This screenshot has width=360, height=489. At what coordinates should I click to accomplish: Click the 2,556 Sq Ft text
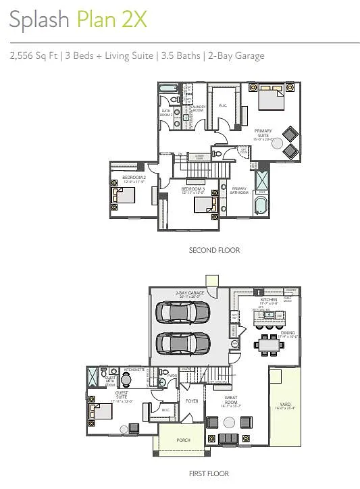(x=34, y=56)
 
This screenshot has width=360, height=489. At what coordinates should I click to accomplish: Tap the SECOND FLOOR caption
(x=214, y=250)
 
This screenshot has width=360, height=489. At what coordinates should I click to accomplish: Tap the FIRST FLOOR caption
(x=209, y=473)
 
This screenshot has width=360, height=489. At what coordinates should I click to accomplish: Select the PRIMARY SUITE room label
(x=263, y=134)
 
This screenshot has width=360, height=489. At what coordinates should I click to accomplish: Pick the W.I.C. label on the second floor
(x=223, y=105)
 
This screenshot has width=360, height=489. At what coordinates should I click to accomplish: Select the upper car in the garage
(x=183, y=313)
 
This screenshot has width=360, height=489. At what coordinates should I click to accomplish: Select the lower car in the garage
(x=183, y=344)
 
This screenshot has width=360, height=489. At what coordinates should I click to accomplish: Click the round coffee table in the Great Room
(x=230, y=422)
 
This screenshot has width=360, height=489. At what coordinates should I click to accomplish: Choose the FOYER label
(x=192, y=401)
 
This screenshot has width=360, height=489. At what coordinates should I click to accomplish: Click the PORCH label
(x=184, y=440)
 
